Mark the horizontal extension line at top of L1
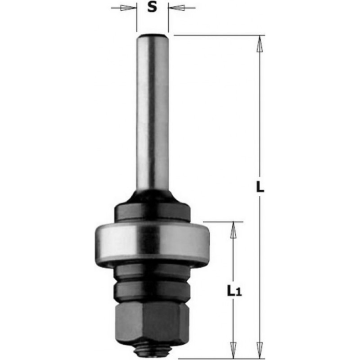[x=223, y=221]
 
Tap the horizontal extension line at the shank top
[x=216, y=35]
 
